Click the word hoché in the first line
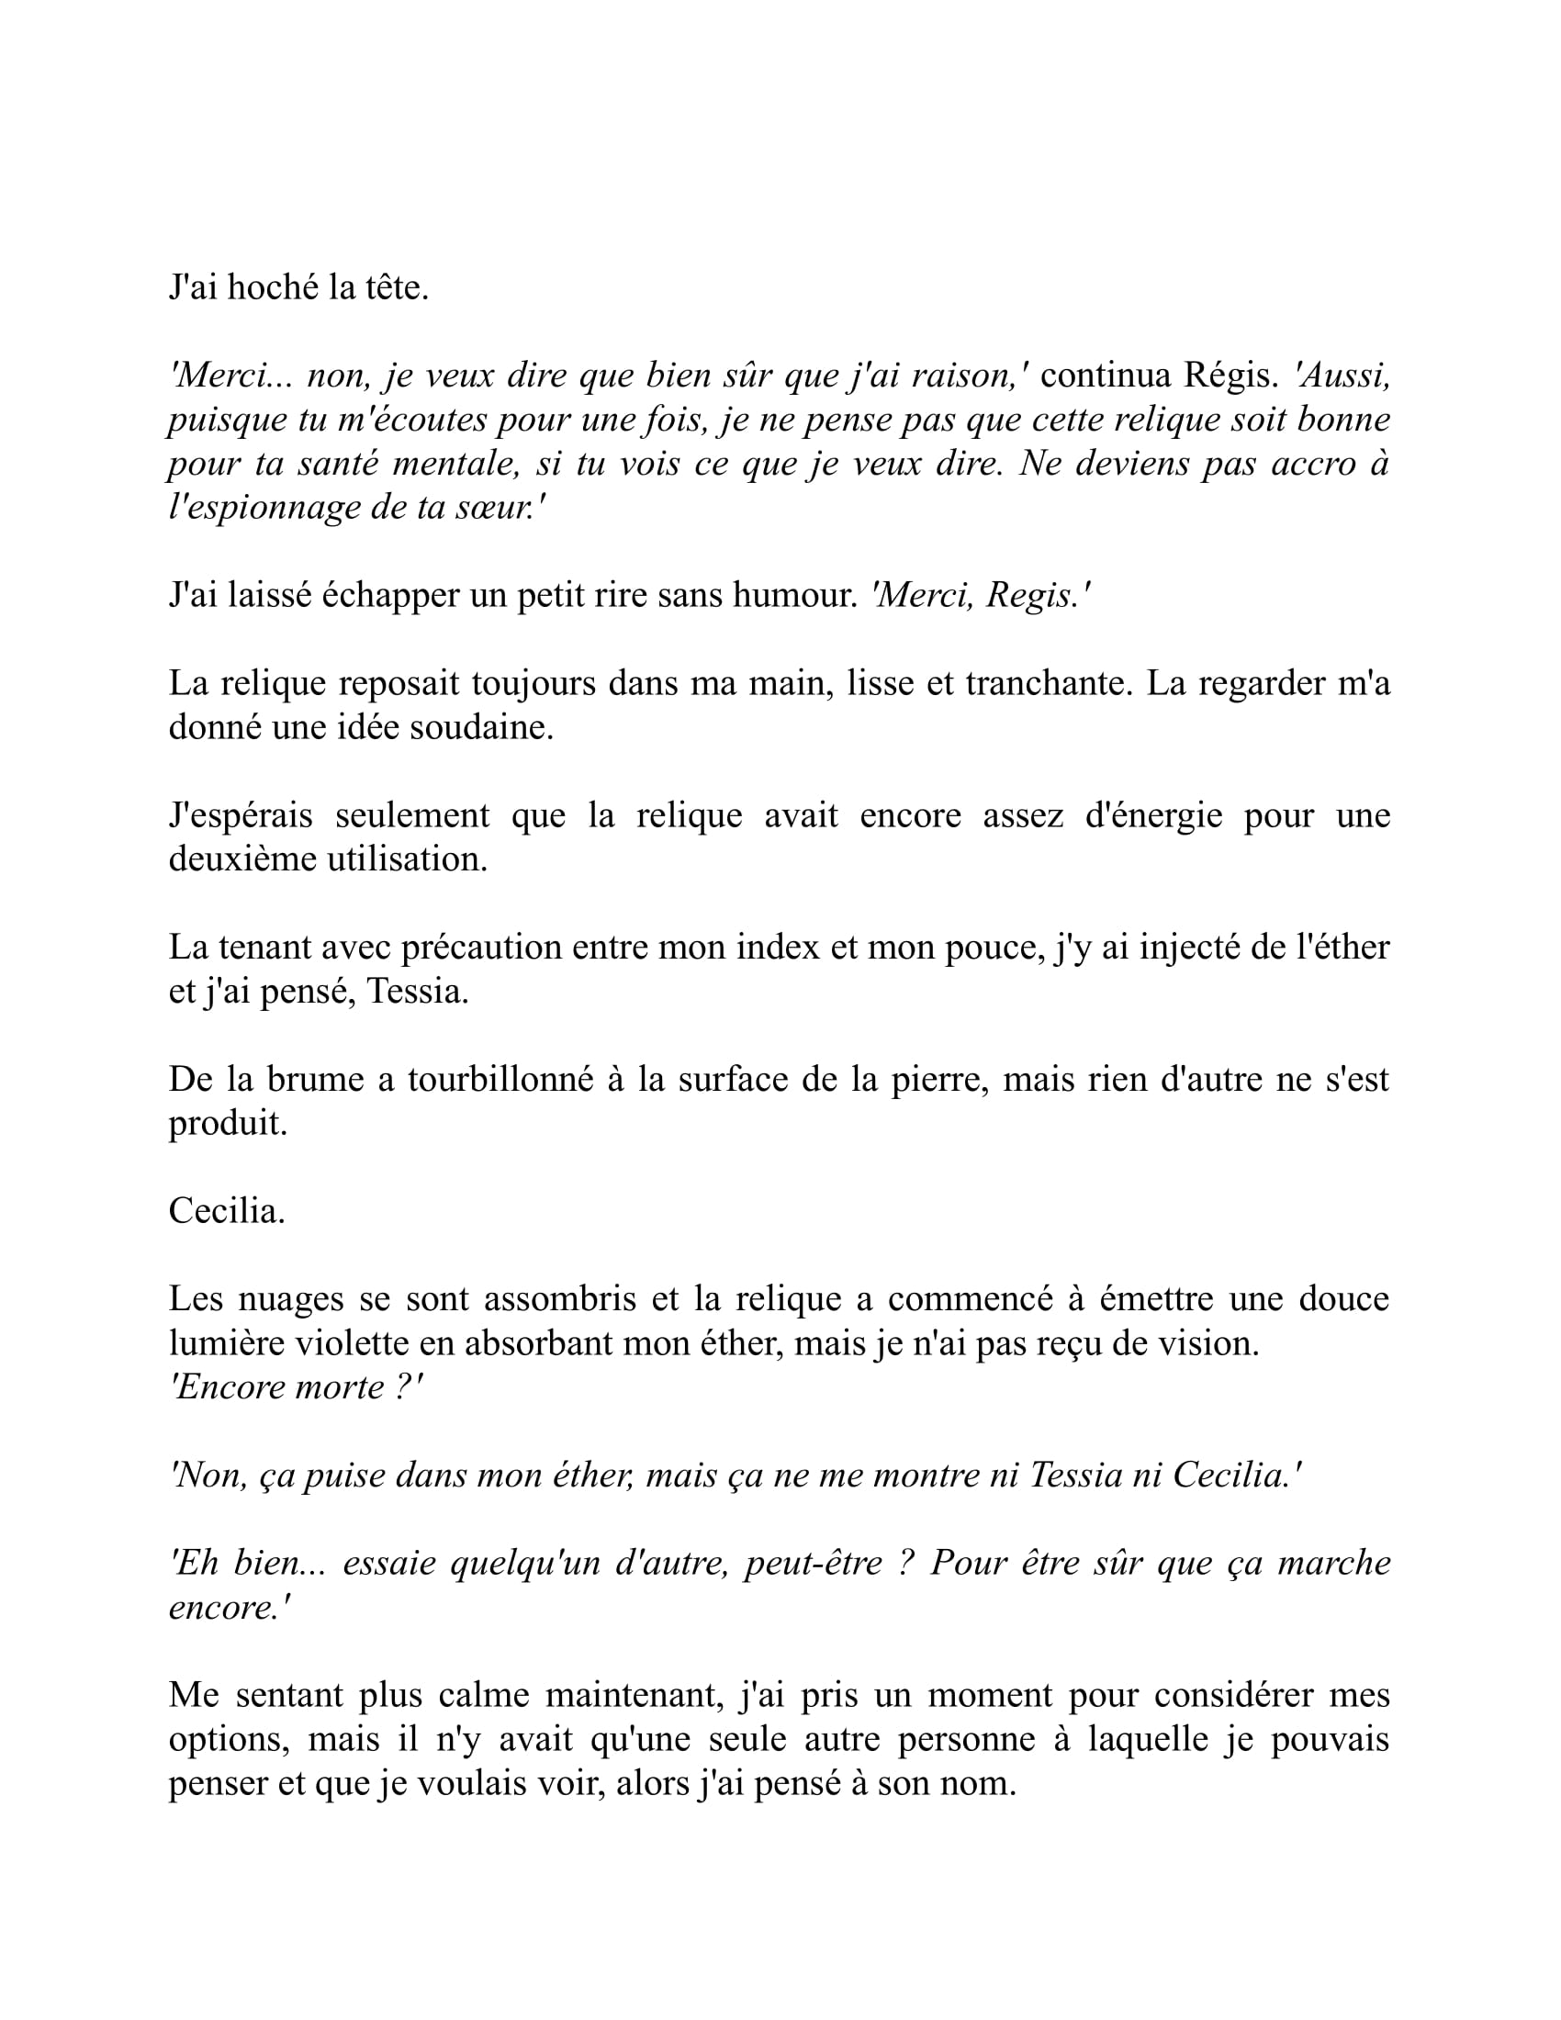tap(273, 288)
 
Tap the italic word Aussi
tap(1342, 376)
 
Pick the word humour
tap(795, 596)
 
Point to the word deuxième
tap(243, 859)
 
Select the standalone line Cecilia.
tap(227, 1212)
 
